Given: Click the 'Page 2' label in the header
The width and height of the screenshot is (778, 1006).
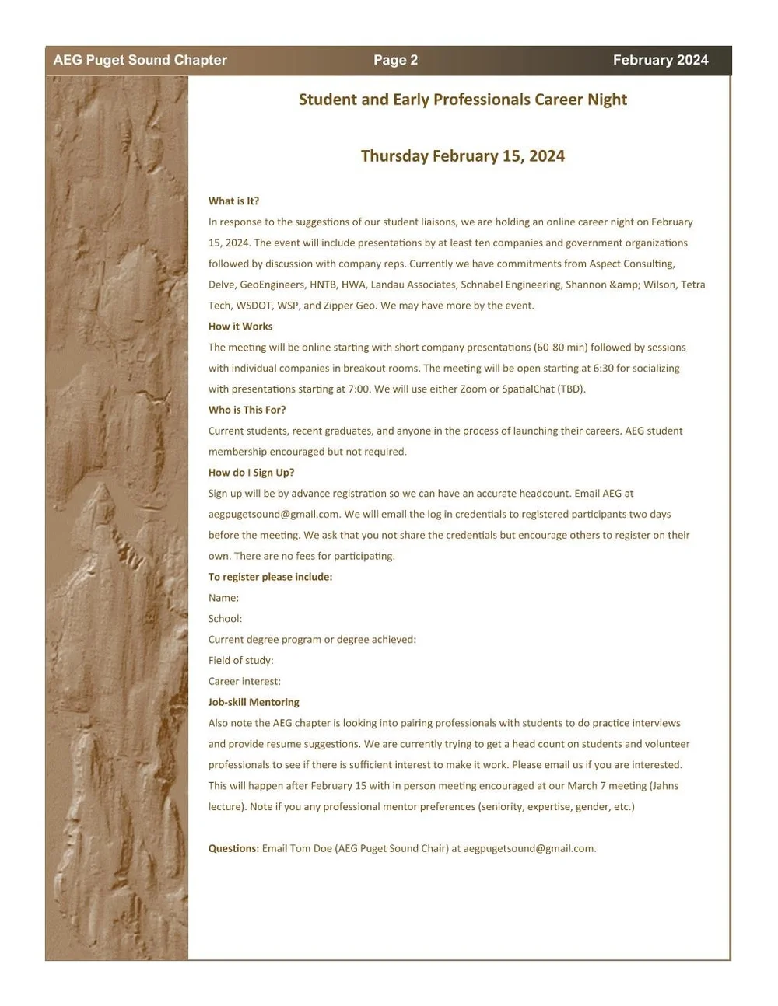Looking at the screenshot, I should pyautogui.click(x=395, y=60).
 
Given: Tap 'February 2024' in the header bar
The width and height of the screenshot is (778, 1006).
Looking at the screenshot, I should pyautogui.click(x=661, y=60).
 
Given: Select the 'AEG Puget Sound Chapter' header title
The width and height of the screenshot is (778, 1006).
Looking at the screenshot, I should pyautogui.click(x=140, y=60).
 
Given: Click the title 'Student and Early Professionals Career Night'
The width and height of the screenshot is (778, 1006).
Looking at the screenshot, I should pyautogui.click(x=462, y=100).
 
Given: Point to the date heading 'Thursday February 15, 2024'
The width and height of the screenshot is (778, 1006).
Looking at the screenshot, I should pyautogui.click(x=462, y=155).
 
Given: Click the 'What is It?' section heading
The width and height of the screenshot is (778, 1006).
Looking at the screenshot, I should pyautogui.click(x=233, y=201).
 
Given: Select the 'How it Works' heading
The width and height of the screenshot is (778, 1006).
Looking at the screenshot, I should pyautogui.click(x=240, y=327).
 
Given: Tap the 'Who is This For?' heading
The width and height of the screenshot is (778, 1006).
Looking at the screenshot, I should pyautogui.click(x=247, y=410).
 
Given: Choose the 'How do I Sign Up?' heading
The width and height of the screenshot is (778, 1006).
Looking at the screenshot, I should pyautogui.click(x=251, y=473).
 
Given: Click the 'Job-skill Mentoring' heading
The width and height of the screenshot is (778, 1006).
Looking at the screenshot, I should pyautogui.click(x=254, y=702).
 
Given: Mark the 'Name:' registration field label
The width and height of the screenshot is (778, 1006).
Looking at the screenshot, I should pyautogui.click(x=223, y=598).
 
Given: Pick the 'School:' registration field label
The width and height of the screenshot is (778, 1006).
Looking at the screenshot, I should pyautogui.click(x=225, y=619).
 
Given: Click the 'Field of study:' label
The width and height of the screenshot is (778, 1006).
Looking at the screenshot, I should pyautogui.click(x=240, y=661).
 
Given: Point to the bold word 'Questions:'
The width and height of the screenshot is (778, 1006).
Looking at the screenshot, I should pyautogui.click(x=233, y=848).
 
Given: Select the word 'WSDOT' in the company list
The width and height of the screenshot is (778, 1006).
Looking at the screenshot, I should pyautogui.click(x=254, y=306).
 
